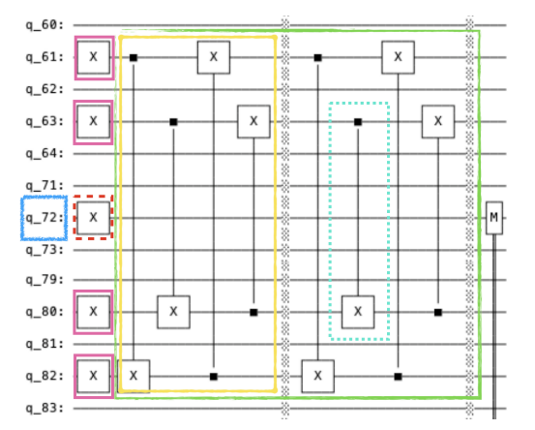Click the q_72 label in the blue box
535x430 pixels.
45,218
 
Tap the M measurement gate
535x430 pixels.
494,218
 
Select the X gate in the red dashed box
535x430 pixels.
94,218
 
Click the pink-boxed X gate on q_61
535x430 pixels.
94,57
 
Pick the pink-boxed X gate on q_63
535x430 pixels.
94,121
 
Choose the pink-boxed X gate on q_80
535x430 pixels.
94,312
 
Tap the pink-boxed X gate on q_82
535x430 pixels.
94,376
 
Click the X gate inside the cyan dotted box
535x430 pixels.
358,312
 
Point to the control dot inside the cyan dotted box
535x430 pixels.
358,122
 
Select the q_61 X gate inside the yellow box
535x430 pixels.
214,57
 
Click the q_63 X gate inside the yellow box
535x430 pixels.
253,121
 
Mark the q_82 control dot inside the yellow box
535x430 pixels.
214,377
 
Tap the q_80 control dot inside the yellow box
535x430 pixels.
253,312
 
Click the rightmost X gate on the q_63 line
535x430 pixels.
438,121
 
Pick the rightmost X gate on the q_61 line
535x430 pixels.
399,57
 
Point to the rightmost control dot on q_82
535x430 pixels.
399,377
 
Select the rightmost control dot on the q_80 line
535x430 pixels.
438,312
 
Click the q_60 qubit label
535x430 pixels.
45,25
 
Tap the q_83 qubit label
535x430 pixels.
45,408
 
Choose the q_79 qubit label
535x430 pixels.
45,280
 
